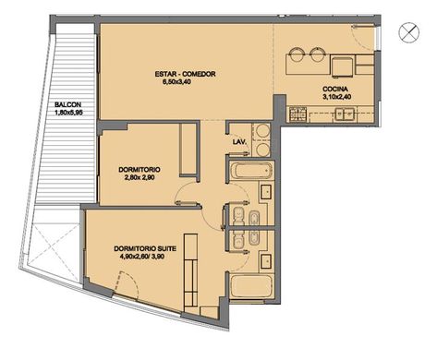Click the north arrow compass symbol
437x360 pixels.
point(409,32)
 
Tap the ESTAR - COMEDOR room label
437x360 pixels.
point(185,74)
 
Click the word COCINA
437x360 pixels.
point(335,90)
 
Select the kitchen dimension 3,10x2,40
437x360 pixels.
point(335,97)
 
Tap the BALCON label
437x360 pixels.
point(68,104)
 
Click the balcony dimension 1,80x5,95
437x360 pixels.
point(68,113)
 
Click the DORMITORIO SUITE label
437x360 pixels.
point(145,248)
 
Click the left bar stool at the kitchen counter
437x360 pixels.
point(297,54)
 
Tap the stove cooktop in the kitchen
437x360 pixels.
point(297,114)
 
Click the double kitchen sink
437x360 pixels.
point(345,114)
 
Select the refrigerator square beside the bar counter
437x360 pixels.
point(342,66)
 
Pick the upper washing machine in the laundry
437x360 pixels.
point(262,131)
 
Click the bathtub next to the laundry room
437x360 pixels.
point(251,171)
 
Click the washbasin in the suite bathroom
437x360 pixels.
point(266,261)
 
